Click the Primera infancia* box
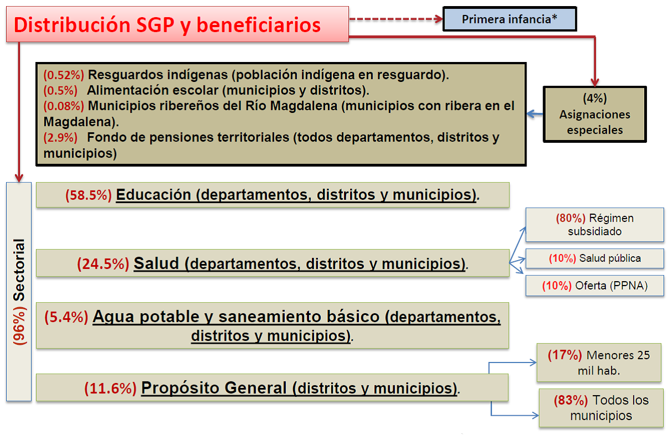point(510,19)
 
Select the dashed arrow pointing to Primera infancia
point(396,19)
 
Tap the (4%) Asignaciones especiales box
point(594,114)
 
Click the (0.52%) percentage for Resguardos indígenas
point(64,75)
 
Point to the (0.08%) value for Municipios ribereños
point(64,106)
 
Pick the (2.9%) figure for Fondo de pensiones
point(60,137)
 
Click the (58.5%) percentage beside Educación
point(88,195)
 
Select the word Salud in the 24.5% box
point(156,263)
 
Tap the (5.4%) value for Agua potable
point(66,317)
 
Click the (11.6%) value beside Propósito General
point(111,388)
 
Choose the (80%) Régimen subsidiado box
point(594,225)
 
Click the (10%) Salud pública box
point(594,258)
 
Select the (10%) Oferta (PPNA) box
point(594,286)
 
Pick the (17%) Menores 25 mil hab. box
point(599,362)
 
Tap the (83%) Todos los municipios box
point(601,408)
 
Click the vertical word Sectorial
point(19,270)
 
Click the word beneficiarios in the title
point(259,25)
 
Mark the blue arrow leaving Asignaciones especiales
point(535,114)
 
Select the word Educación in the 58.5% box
point(153,195)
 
